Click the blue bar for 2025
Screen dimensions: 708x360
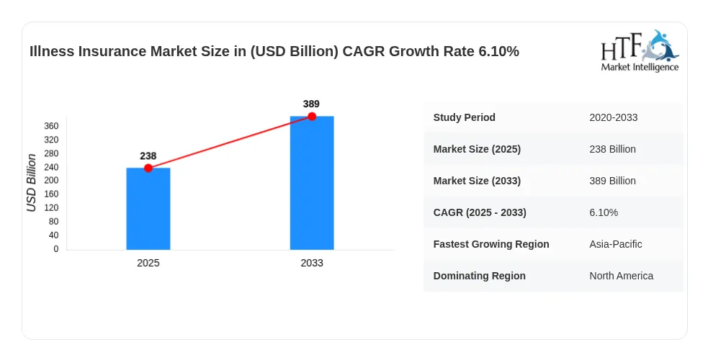coord(148,209)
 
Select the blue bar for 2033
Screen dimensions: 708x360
coord(312,183)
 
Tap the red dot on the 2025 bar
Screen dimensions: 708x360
coord(148,168)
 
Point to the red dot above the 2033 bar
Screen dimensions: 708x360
coord(312,117)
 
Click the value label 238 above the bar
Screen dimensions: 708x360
coord(148,156)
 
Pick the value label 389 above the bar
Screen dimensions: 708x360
coord(311,104)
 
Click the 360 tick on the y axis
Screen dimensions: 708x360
coord(51,126)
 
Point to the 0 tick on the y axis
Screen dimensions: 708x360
coord(56,249)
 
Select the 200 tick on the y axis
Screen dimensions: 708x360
coord(51,181)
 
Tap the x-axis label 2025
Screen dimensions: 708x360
coord(148,263)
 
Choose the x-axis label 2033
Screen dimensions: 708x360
coord(312,263)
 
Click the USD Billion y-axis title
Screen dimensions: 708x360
coord(31,183)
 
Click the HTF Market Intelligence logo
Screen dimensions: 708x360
coord(640,51)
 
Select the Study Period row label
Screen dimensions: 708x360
coord(464,117)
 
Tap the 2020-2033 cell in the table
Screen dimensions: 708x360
coord(613,118)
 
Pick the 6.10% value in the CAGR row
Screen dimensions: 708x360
coord(604,212)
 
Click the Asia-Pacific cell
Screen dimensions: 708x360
coord(615,244)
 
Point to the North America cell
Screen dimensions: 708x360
coord(621,276)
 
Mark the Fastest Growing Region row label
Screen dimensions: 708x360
coord(491,244)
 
